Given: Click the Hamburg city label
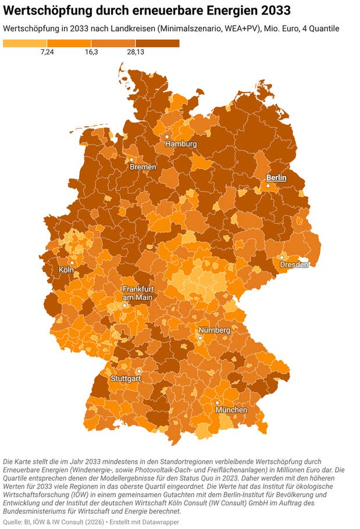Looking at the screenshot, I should (180, 144).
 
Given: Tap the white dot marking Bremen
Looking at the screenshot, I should (131, 159).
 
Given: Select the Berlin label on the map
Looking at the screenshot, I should (276, 178).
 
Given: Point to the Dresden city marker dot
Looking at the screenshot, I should (281, 257).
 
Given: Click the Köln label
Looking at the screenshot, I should (66, 270).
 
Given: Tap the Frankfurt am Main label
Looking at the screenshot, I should (137, 294).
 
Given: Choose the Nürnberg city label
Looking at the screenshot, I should (214, 330).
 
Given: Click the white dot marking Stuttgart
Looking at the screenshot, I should (139, 371).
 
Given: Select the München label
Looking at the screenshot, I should (231, 410).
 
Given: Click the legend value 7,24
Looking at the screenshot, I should (48, 52).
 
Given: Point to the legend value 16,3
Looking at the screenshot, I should (91, 52).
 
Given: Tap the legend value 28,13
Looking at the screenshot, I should (136, 52).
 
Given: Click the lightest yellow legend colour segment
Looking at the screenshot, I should (25, 43).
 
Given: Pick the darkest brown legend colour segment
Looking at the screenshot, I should (157, 43).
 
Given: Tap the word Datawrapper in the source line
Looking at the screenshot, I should (158, 522).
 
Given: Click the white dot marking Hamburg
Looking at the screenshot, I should (167, 137).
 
